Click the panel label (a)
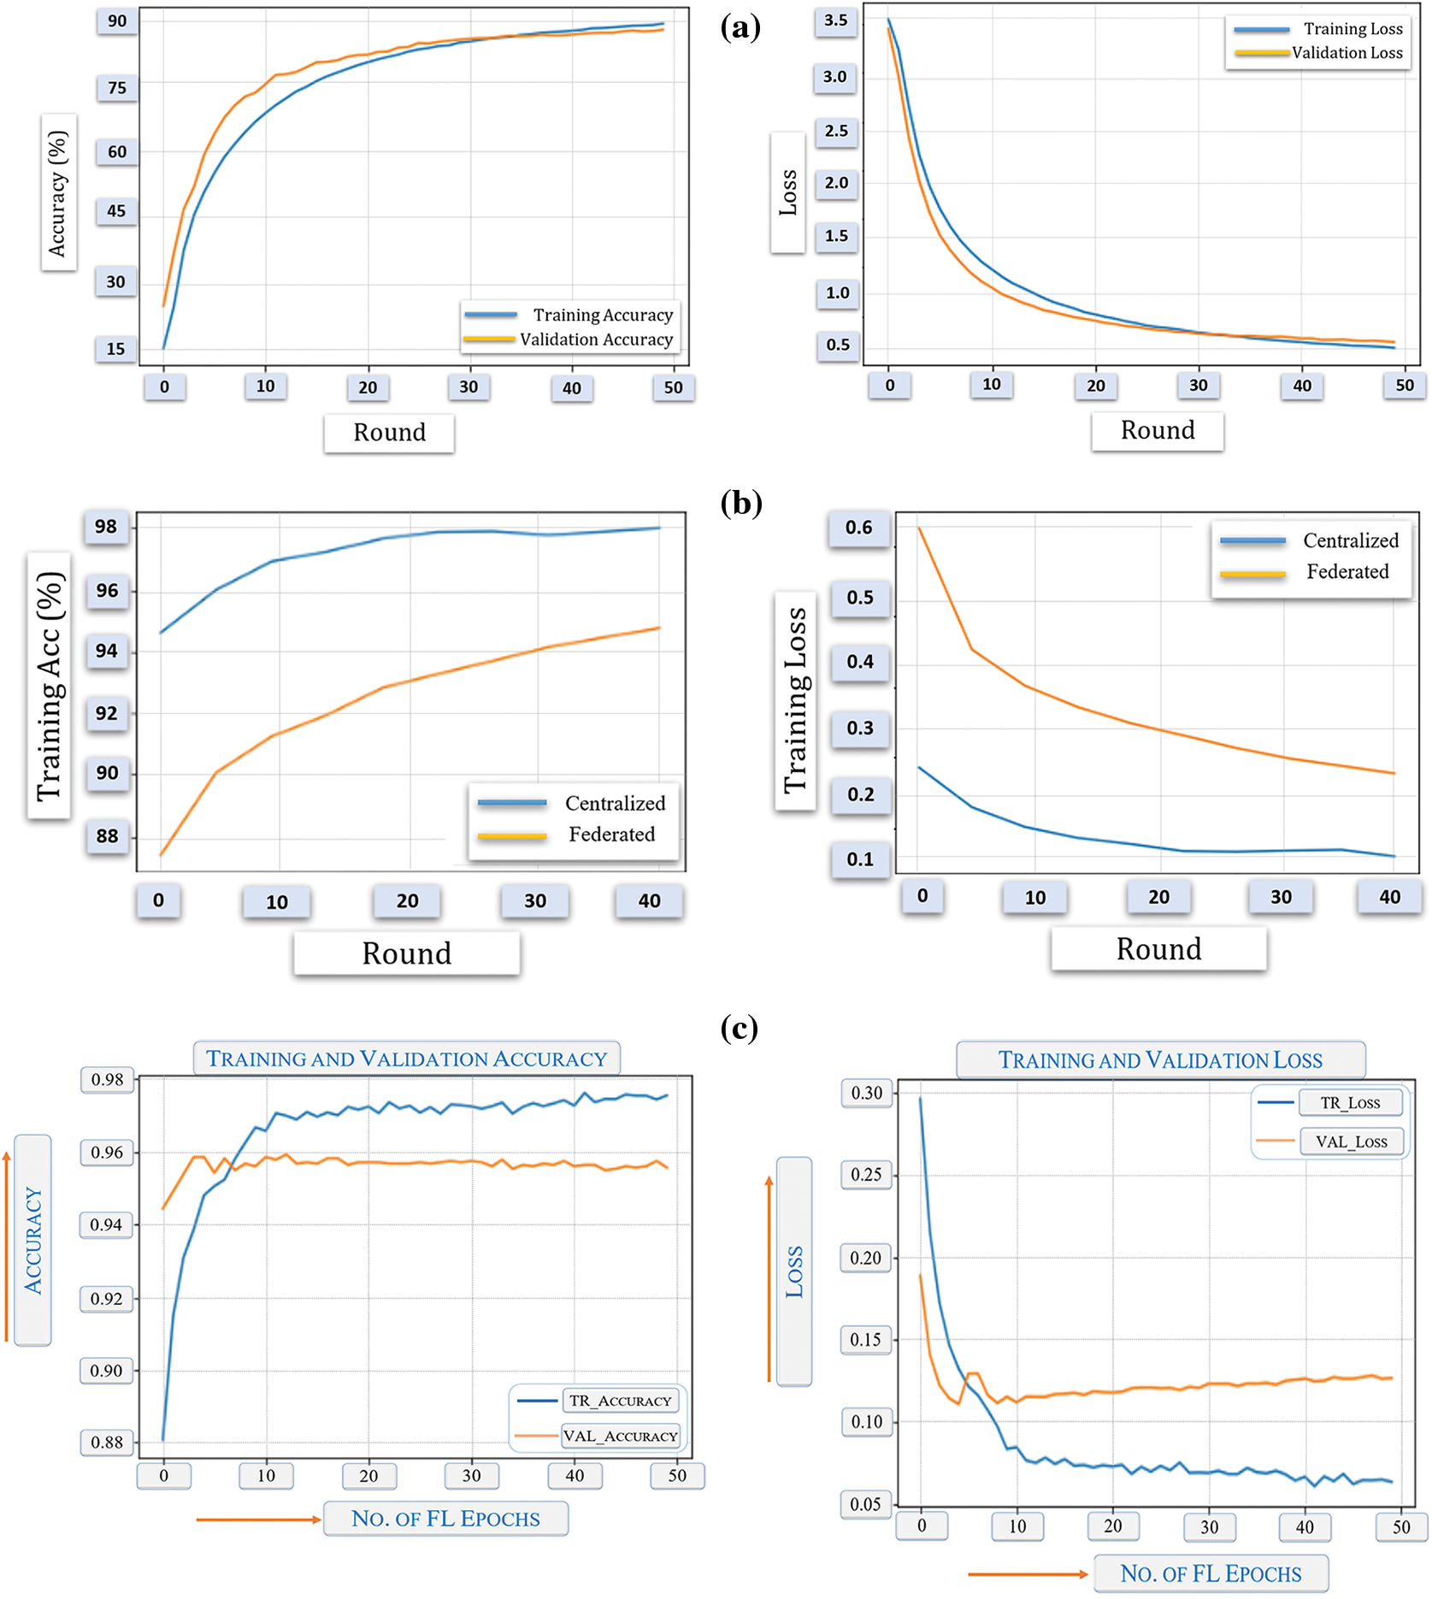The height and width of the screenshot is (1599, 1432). (740, 28)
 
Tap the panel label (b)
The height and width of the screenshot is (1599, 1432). (741, 503)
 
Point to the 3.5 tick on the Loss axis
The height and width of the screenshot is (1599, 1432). (835, 21)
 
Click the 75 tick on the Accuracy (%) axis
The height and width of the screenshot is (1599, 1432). (117, 88)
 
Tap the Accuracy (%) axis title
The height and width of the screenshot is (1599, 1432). (58, 192)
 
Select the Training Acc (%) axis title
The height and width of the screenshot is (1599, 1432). (50, 687)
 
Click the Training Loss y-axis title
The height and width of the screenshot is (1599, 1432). (795, 700)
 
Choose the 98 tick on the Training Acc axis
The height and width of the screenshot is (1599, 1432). (106, 527)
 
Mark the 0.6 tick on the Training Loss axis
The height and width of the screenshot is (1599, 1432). (859, 528)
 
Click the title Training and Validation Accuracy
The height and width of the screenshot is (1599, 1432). (406, 1059)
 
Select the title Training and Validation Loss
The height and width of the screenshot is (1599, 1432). (1160, 1060)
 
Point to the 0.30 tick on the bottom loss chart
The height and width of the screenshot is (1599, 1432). (867, 1093)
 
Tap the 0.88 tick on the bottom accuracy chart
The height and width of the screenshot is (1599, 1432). (107, 1443)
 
